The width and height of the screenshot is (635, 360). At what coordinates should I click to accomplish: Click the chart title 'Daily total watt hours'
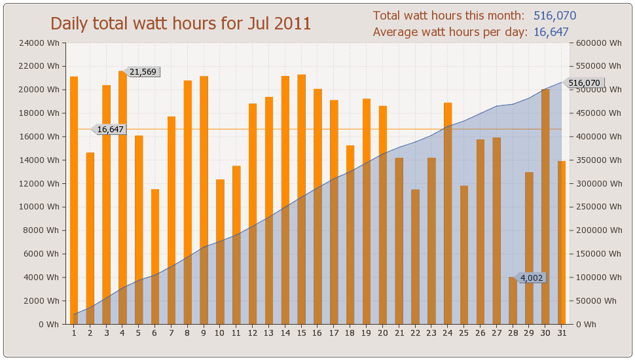point(181,24)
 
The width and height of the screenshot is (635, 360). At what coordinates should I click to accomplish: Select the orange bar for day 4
point(122,196)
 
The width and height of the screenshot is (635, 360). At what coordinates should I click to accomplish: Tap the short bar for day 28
point(513,300)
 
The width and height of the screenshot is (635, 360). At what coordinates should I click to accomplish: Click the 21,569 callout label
point(143,72)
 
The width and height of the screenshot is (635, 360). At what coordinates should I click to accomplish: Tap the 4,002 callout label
point(532,278)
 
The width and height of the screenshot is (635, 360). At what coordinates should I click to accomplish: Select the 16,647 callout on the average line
point(110,130)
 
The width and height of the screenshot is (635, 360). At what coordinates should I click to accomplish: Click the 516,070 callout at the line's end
point(584,83)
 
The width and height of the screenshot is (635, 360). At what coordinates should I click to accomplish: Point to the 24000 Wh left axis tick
point(42,43)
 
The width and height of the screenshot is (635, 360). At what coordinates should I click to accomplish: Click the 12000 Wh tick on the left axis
point(42,183)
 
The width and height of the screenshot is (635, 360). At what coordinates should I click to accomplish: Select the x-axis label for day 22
point(415,333)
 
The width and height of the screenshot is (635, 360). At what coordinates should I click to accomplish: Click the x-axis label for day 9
point(204,333)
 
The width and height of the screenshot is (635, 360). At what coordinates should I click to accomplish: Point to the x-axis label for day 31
point(562,333)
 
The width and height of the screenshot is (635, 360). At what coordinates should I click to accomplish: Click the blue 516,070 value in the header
point(554,16)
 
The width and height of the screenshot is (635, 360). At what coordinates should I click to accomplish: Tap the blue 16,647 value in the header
point(551,32)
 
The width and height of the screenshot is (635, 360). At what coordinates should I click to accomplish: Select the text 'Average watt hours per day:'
point(450,32)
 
